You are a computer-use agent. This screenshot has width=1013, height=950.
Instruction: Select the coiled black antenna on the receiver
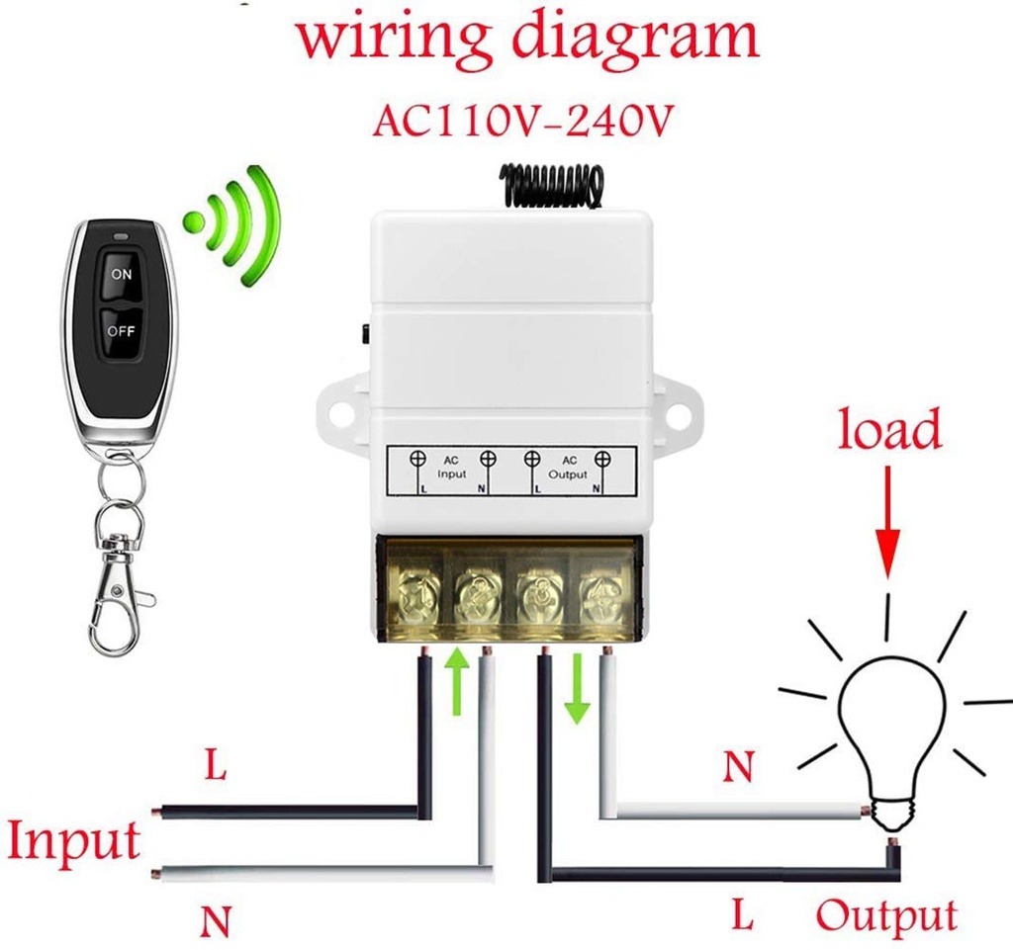pos(551,186)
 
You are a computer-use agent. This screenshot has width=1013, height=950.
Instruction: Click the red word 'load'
pos(889,431)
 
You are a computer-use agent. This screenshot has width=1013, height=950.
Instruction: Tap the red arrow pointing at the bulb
pos(888,524)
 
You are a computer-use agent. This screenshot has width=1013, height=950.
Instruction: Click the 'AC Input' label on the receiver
pos(451,468)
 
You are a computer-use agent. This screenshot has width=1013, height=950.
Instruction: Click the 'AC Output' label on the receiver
pos(568,468)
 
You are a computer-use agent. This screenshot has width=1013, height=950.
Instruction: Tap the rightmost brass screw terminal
pos(599,596)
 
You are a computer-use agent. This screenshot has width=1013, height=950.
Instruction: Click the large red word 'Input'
pos(74,841)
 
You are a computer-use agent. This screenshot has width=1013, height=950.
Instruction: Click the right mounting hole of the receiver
pos(679,409)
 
